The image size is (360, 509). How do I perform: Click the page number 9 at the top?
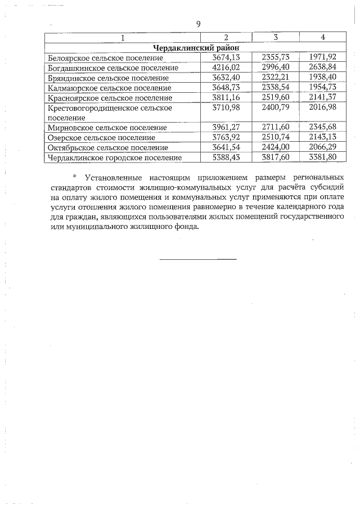[x=197, y=24]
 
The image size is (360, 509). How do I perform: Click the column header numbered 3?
[x=276, y=37]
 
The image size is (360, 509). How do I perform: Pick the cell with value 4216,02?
[x=226, y=67]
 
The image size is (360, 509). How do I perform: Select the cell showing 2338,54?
[x=276, y=88]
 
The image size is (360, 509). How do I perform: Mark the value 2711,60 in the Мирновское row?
[x=276, y=128]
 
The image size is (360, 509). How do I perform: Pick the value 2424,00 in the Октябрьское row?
[x=276, y=147]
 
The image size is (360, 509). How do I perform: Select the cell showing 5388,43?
[x=226, y=157]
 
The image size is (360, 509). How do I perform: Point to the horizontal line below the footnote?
[x=198, y=259]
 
